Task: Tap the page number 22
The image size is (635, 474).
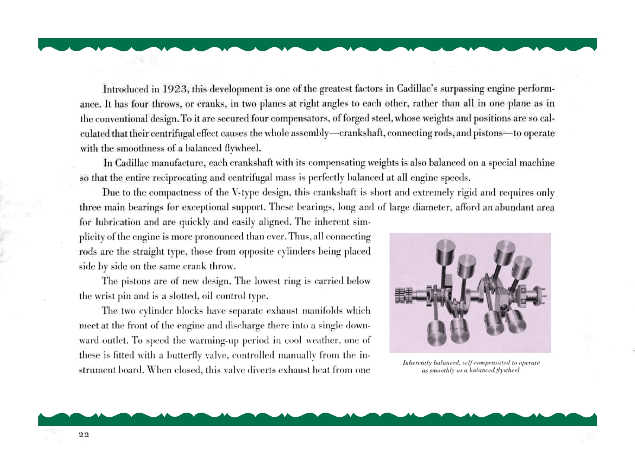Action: [84, 435]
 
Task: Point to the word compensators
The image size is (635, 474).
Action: [294, 119]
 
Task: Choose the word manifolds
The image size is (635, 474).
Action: [349, 311]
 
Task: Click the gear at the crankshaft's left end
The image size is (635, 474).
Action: [403, 295]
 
